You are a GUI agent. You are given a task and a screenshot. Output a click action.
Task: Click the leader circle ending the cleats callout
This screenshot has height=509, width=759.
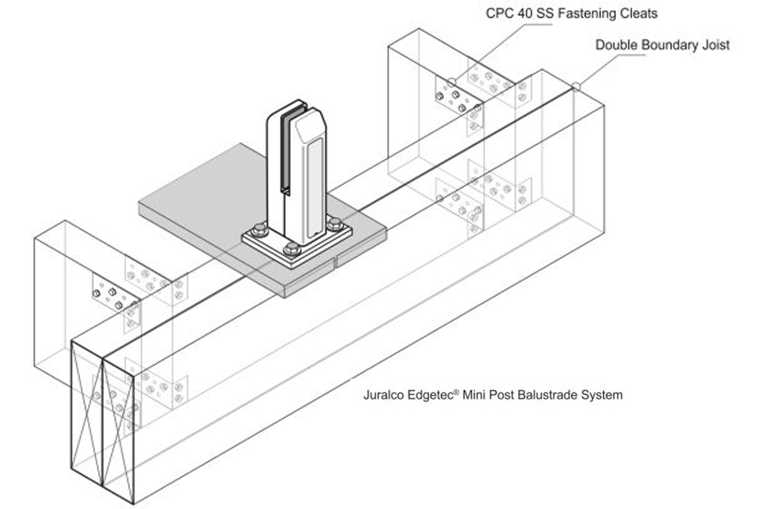tap(452, 82)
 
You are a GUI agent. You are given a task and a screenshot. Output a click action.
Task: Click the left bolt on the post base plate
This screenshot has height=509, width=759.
tap(260, 230)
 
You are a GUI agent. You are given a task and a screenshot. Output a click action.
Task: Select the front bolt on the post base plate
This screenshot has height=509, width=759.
tap(291, 249)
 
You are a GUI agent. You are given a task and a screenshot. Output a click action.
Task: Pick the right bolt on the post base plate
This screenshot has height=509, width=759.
tap(335, 224)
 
